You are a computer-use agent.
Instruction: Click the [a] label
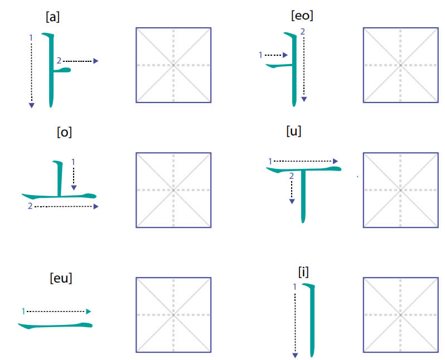coord(52,17)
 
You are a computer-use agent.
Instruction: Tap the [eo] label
coord(302,15)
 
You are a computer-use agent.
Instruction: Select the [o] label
coord(64,132)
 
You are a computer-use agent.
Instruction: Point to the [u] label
coord(294,131)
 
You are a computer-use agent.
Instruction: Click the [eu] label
coord(61,278)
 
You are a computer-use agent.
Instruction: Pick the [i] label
coord(303,272)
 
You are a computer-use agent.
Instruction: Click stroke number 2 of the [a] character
coord(59,60)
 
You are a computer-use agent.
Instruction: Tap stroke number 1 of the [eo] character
coord(260,55)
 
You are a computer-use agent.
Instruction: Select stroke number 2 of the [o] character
coord(30,206)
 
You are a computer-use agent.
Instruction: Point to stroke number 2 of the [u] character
coord(291,176)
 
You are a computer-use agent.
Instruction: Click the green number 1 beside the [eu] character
coord(23,312)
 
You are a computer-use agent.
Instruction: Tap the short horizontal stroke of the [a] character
coord(62,70)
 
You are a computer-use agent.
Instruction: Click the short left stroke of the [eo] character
coord(279,66)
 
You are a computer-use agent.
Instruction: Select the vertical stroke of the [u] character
coord(303,196)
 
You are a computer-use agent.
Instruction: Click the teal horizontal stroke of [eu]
coord(55,325)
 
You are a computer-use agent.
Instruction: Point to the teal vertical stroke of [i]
coord(312,320)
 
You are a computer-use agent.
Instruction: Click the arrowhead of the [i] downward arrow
coord(295,356)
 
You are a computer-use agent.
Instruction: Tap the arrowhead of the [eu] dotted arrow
coord(89,312)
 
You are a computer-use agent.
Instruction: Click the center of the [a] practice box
coord(173,65)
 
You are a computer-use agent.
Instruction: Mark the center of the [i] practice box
coord(401,315)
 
